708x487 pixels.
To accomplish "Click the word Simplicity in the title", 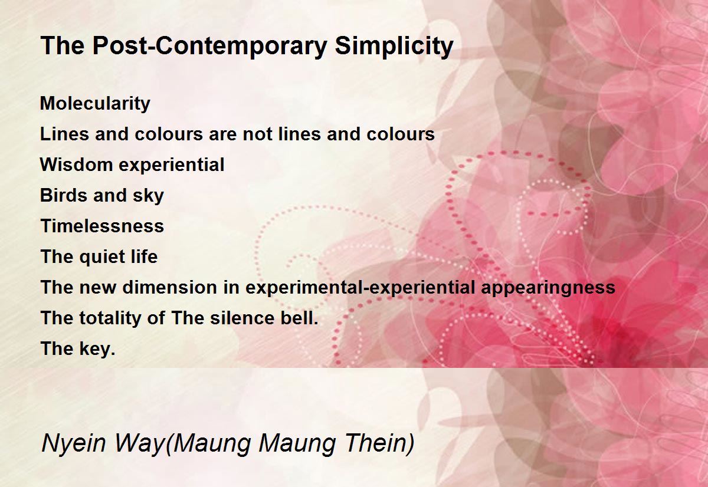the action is (394, 47).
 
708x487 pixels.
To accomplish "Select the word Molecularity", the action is (95, 104).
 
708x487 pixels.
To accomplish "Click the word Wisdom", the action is (76, 164).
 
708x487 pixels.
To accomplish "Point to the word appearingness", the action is (548, 288).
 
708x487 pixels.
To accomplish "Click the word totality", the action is (110, 318).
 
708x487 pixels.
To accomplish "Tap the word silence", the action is (242, 318).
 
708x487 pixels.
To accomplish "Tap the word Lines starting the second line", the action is (64, 134).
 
